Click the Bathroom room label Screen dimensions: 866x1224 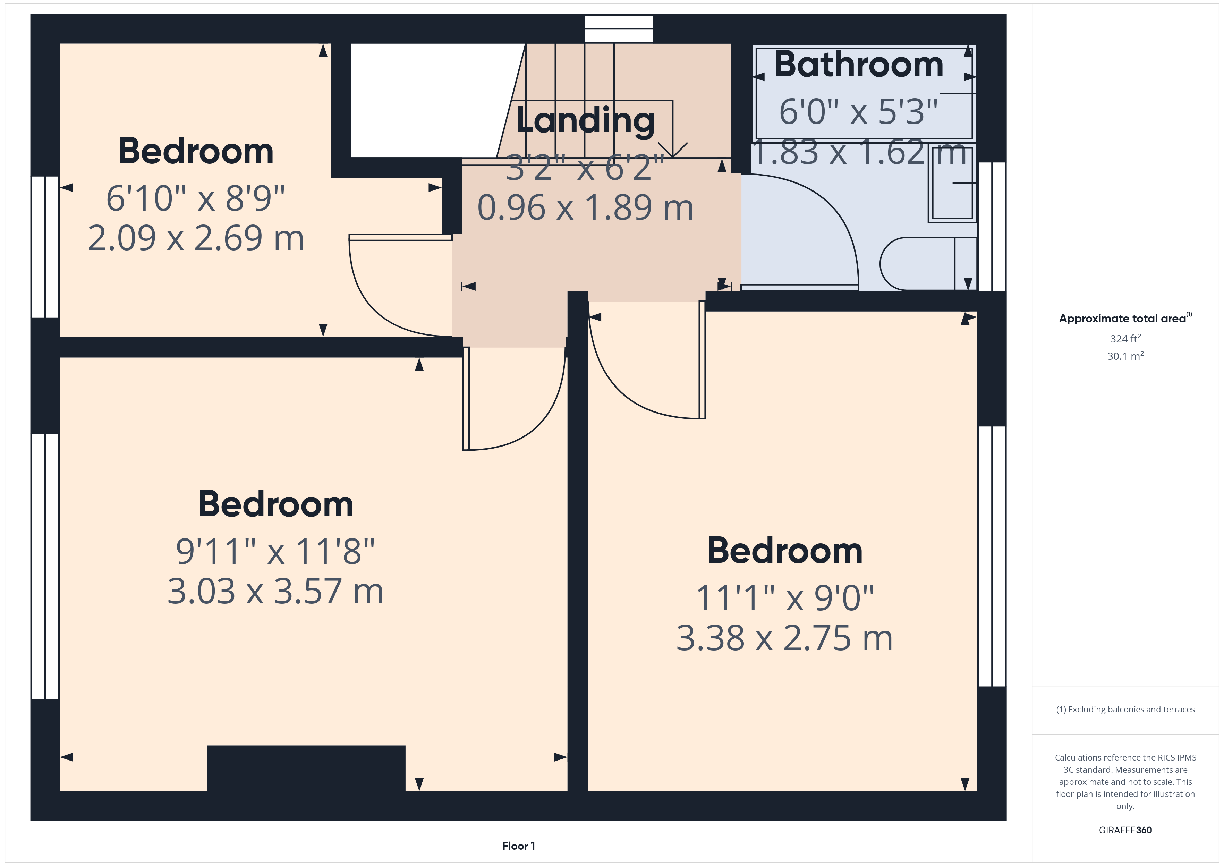coord(858,65)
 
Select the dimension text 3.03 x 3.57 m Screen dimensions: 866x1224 coord(275,591)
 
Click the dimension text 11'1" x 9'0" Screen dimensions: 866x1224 coord(785,598)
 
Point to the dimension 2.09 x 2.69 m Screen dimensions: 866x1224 coord(196,238)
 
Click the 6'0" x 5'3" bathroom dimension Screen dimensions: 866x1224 coord(858,112)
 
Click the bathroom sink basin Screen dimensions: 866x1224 coord(952,183)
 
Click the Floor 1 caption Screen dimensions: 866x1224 coord(518,846)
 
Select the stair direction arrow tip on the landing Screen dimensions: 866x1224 coord(673,156)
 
